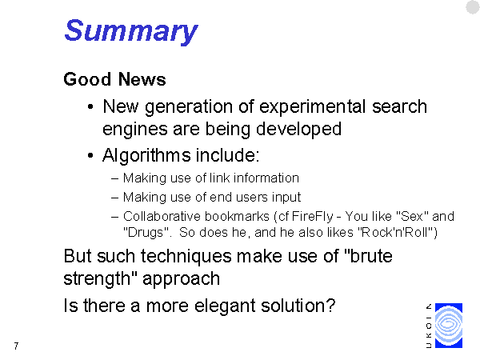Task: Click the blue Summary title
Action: (x=131, y=31)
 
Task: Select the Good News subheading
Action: (x=114, y=79)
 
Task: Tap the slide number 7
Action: (x=16, y=346)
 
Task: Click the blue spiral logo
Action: (x=449, y=325)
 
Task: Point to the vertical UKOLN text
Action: (x=429, y=326)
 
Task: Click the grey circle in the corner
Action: (x=473, y=7)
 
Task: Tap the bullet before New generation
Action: (x=90, y=107)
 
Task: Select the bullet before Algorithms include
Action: (x=90, y=155)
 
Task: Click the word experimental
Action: (x=312, y=107)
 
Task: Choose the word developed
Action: (x=298, y=129)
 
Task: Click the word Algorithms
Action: (x=146, y=155)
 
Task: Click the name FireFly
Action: (x=312, y=217)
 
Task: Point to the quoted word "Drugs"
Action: (x=146, y=233)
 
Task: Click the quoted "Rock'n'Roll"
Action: (x=398, y=232)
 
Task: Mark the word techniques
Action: (x=186, y=257)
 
